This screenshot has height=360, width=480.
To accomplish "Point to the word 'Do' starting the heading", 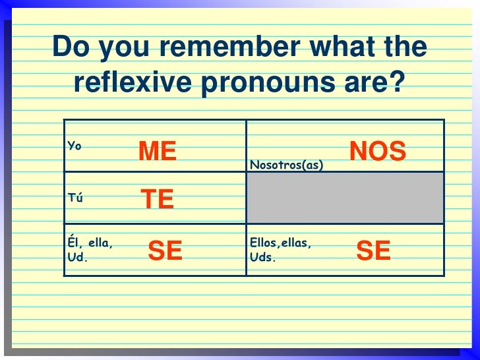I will pyautogui.click(x=69, y=47).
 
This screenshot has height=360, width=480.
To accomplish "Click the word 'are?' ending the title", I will pyautogui.click(x=376, y=83).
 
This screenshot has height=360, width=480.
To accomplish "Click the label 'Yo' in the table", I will pyautogui.click(x=74, y=145).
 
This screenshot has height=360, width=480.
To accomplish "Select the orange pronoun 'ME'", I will pyautogui.click(x=158, y=152).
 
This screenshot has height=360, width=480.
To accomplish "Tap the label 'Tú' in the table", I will pyautogui.click(x=74, y=197).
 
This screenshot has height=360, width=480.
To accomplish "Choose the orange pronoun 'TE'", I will pyautogui.click(x=158, y=199).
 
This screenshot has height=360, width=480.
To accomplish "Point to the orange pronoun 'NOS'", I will pyautogui.click(x=378, y=152).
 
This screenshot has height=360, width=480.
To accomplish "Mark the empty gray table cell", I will pyautogui.click(x=345, y=198).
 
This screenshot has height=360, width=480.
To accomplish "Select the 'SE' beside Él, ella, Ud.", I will pyautogui.click(x=165, y=251).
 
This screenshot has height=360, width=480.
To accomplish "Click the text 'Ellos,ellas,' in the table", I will pyautogui.click(x=280, y=243).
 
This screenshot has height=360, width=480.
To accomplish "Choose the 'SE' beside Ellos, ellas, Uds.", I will pyautogui.click(x=373, y=251).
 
